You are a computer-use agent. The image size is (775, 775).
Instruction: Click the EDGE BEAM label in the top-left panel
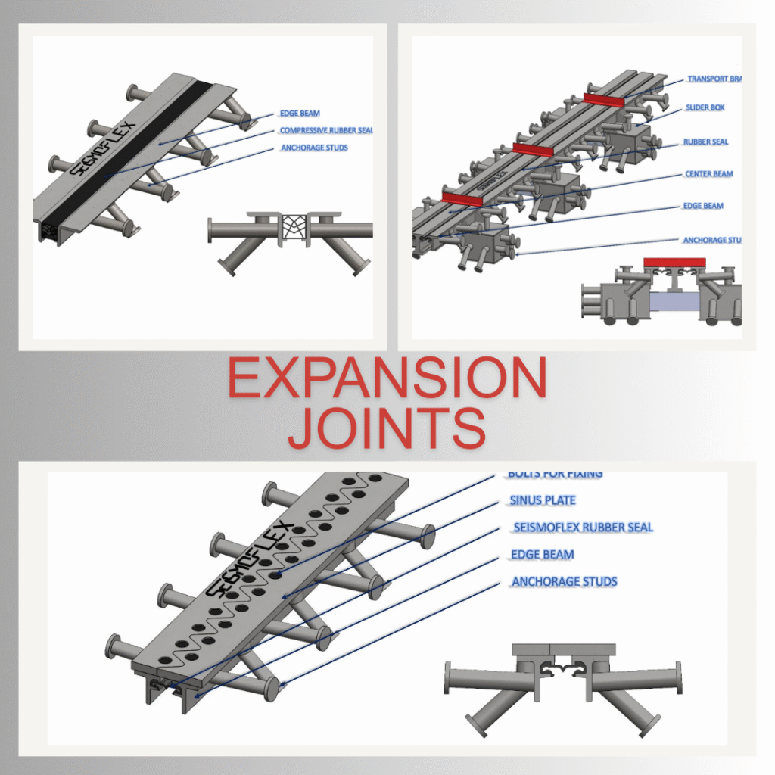pyautogui.click(x=300, y=114)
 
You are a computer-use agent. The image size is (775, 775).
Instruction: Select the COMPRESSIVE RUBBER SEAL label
pyautogui.click(x=326, y=131)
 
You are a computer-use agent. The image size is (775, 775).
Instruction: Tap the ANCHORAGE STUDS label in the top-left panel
pyautogui.click(x=314, y=148)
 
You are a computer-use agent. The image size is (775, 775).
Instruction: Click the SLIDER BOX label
pyautogui.click(x=705, y=108)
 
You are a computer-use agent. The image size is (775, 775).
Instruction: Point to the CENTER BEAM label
pyautogui.click(x=708, y=174)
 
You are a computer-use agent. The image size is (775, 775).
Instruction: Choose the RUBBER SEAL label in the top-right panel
pyautogui.click(x=705, y=142)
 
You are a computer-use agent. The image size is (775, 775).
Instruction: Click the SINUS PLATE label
pyautogui.click(x=543, y=500)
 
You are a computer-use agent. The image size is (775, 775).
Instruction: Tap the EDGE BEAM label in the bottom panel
pyautogui.click(x=542, y=555)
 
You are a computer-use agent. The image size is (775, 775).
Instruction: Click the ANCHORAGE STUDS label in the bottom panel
pyautogui.click(x=564, y=582)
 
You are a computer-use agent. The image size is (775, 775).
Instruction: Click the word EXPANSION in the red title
pyautogui.click(x=387, y=378)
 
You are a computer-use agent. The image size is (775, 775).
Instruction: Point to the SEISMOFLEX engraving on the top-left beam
pyautogui.click(x=102, y=148)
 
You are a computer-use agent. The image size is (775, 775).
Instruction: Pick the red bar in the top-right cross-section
pyautogui.click(x=674, y=263)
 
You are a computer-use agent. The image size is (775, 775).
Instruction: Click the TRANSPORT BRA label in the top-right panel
pyautogui.click(x=713, y=79)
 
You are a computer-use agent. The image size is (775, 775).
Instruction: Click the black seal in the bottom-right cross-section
pyautogui.click(x=564, y=666)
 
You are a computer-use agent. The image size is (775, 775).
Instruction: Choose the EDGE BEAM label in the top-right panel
pyautogui.click(x=704, y=206)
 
